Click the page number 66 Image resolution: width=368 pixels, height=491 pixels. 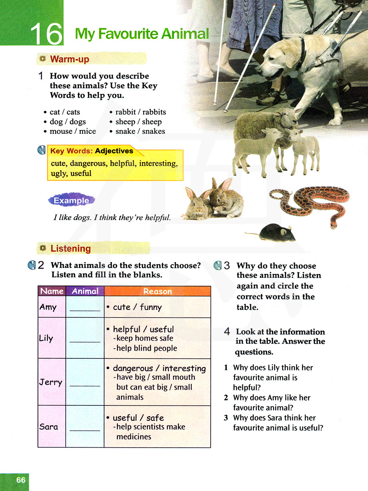coord(21,480)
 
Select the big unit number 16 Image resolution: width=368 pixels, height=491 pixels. coord(46,34)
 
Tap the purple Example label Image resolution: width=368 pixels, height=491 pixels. coord(71,200)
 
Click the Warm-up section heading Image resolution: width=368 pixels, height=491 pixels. coord(70,59)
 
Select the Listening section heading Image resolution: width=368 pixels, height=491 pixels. coord(70,248)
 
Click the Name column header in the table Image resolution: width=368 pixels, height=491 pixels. coord(52,291)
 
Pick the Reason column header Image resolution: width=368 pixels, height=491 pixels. coord(158,291)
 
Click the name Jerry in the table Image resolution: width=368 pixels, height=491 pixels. coord(51,382)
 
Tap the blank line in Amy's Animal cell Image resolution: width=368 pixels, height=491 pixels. coord(85,310)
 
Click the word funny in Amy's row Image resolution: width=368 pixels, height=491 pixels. coord(151,307)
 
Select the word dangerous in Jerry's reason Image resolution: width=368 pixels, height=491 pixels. coord(132,368)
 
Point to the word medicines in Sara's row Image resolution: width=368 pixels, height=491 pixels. coord(134,437)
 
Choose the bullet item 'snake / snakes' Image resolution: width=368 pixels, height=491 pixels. coord(140,131)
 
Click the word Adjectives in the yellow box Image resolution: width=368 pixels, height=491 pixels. coord(114,151)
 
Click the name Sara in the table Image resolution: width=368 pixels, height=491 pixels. coord(49,427)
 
